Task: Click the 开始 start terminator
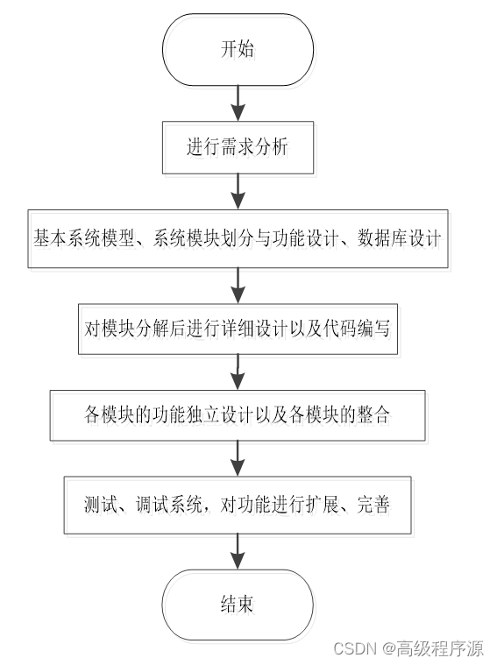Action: point(238,49)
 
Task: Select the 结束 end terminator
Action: point(238,605)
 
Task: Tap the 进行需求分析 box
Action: point(238,147)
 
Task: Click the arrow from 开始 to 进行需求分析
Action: point(238,103)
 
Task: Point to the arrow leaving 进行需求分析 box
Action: point(238,192)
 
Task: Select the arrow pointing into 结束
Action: point(238,551)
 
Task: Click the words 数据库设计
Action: point(400,238)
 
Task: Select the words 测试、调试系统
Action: point(143,505)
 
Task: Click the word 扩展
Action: point(323,505)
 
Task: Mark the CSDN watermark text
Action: point(355,649)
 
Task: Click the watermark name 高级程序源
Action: point(440,649)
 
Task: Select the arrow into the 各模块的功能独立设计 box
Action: point(238,372)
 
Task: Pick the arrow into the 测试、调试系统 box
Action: point(238,458)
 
